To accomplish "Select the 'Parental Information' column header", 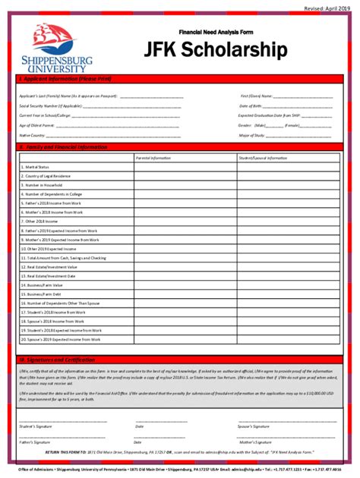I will click(153, 158).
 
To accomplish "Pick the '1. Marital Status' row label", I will click(37, 167).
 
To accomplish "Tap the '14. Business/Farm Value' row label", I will click(44, 285).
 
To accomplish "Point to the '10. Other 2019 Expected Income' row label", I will click(51, 249).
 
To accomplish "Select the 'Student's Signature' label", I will click(36, 426).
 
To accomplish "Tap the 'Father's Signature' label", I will click(35, 442).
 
